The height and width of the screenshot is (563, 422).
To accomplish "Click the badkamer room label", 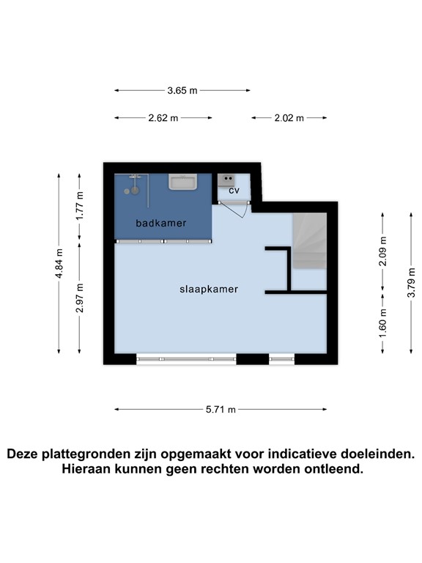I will pyautogui.click(x=160, y=222).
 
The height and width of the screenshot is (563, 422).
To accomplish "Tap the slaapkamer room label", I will pyautogui.click(x=209, y=289).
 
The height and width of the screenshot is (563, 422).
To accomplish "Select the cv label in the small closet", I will pyautogui.click(x=234, y=191).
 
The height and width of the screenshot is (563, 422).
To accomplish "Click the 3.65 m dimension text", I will pyautogui.click(x=182, y=91).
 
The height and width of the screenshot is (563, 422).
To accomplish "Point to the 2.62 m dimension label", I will pyautogui.click(x=163, y=118).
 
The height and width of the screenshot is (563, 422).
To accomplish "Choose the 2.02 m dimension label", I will pyautogui.click(x=289, y=118).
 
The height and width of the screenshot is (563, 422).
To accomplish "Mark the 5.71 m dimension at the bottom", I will pyautogui.click(x=221, y=410).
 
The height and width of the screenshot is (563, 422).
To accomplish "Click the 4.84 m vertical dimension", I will pyautogui.click(x=60, y=263).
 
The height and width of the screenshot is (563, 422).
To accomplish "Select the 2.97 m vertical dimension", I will pyautogui.click(x=81, y=298).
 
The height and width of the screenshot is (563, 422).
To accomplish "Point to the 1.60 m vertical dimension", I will pyautogui.click(x=382, y=325).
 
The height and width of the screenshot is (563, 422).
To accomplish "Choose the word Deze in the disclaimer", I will pyautogui.click(x=26, y=454).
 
